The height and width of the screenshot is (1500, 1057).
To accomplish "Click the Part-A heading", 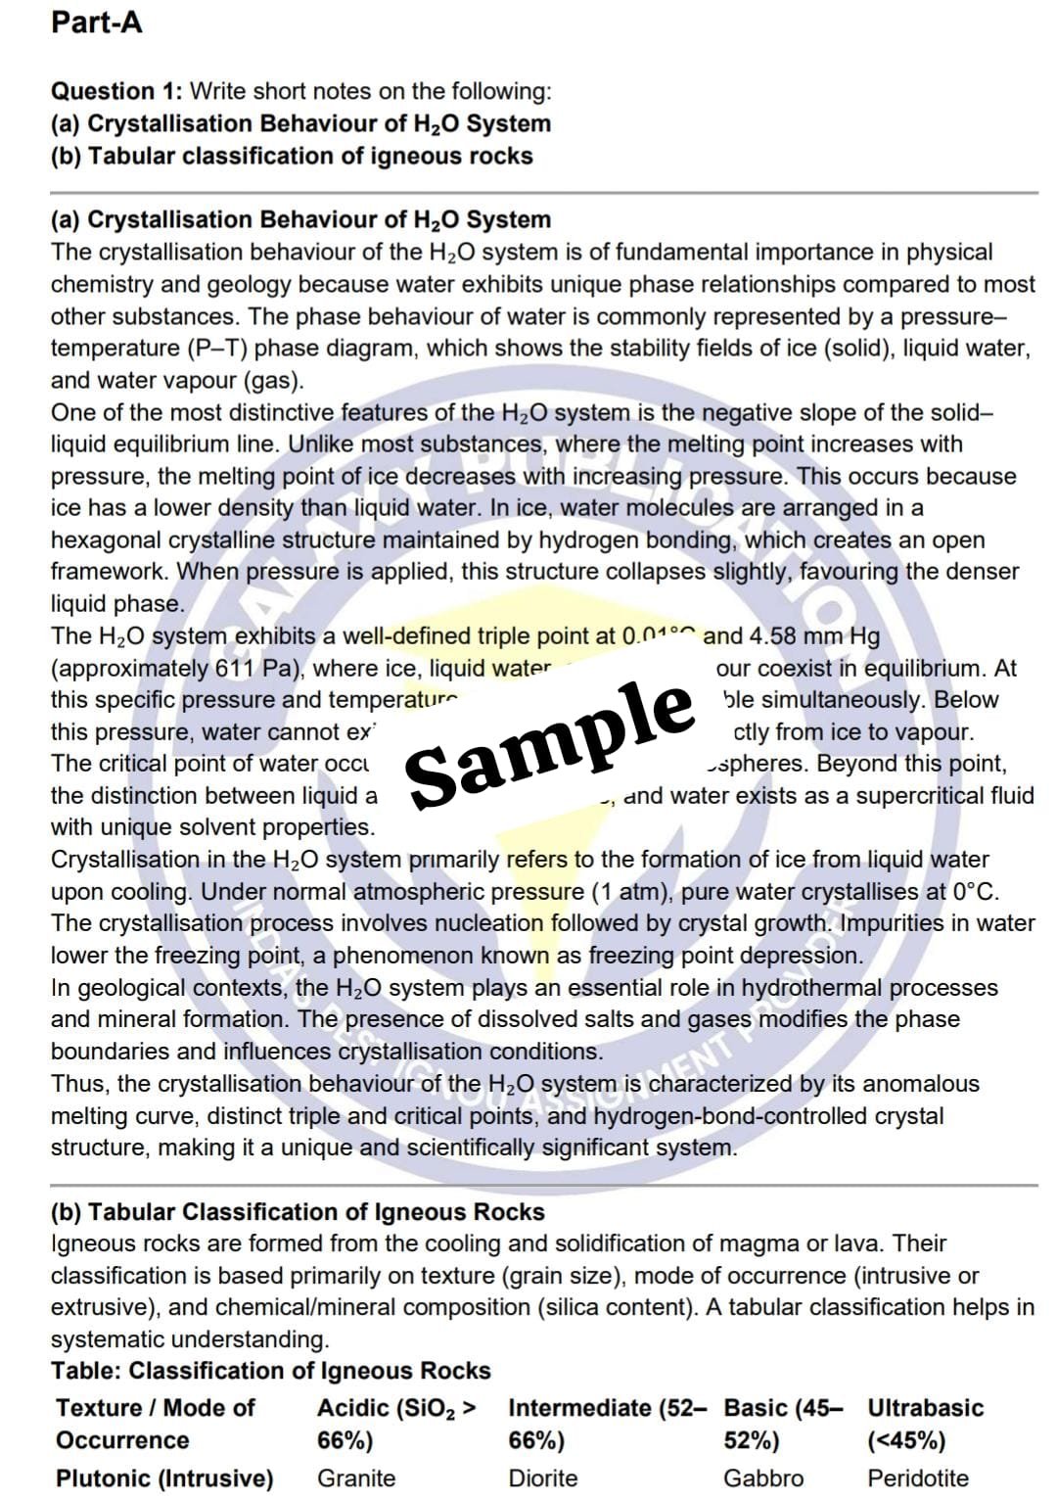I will pyautogui.click(x=96, y=22).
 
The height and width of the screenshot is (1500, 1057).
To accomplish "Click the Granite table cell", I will pyautogui.click(x=356, y=1477).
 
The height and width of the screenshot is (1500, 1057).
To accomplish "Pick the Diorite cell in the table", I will pyautogui.click(x=542, y=1477).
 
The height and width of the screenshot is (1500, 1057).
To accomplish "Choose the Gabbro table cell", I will pyautogui.click(x=763, y=1477).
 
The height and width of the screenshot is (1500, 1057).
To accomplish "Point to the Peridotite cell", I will pyautogui.click(x=917, y=1477).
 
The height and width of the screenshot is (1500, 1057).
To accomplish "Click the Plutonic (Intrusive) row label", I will pyautogui.click(x=164, y=1477).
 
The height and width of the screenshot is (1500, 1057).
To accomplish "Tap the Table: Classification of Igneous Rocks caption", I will pyautogui.click(x=270, y=1370).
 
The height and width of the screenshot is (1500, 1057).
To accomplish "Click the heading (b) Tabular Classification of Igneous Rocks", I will pyautogui.click(x=298, y=1211).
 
